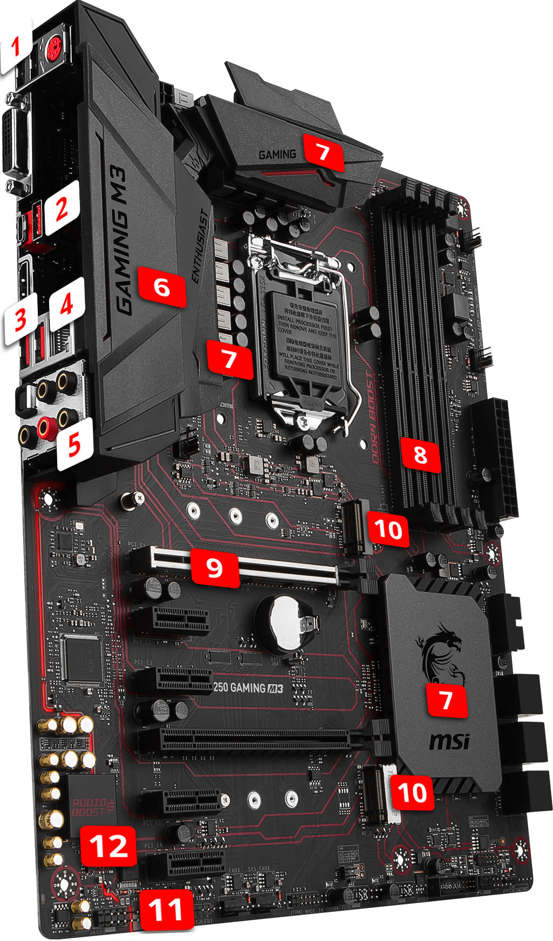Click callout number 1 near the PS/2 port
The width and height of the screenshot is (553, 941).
click(16, 46)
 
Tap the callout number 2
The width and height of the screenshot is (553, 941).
click(62, 207)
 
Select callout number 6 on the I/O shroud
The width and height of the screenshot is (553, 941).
click(162, 287)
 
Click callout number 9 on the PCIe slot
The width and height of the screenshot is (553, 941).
click(214, 567)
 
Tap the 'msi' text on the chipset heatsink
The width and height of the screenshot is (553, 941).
click(449, 741)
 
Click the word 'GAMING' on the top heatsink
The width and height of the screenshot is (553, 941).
click(277, 155)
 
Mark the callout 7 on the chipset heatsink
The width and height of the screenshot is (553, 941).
click(446, 699)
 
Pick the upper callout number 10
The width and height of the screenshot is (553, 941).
click(388, 529)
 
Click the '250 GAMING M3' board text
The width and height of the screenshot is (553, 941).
click(247, 688)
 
